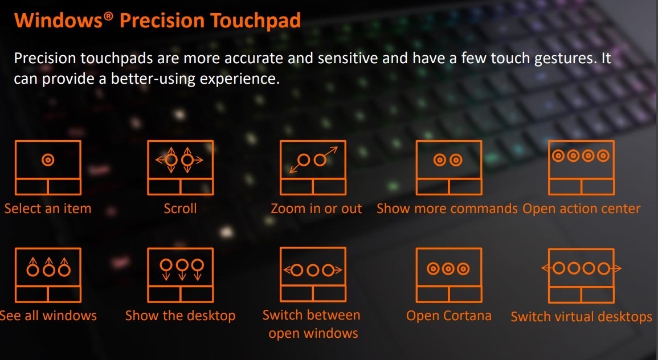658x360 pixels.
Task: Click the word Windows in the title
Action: (x=59, y=20)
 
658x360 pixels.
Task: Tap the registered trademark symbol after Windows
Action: (x=109, y=16)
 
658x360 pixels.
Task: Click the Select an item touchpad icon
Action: (x=48, y=168)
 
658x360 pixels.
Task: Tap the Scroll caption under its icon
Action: (x=180, y=208)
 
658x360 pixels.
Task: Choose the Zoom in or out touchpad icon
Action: (x=313, y=168)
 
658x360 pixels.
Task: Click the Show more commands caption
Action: (x=447, y=208)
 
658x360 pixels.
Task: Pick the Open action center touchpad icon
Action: (x=582, y=168)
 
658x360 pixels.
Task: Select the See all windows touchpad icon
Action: (x=48, y=275)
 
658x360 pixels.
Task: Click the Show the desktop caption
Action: (x=181, y=316)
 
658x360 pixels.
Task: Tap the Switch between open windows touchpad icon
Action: (x=313, y=275)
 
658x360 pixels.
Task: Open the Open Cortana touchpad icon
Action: (x=449, y=275)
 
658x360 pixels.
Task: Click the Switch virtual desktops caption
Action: (x=581, y=316)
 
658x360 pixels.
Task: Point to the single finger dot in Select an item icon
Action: (x=48, y=160)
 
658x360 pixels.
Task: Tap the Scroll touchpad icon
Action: (x=181, y=168)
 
